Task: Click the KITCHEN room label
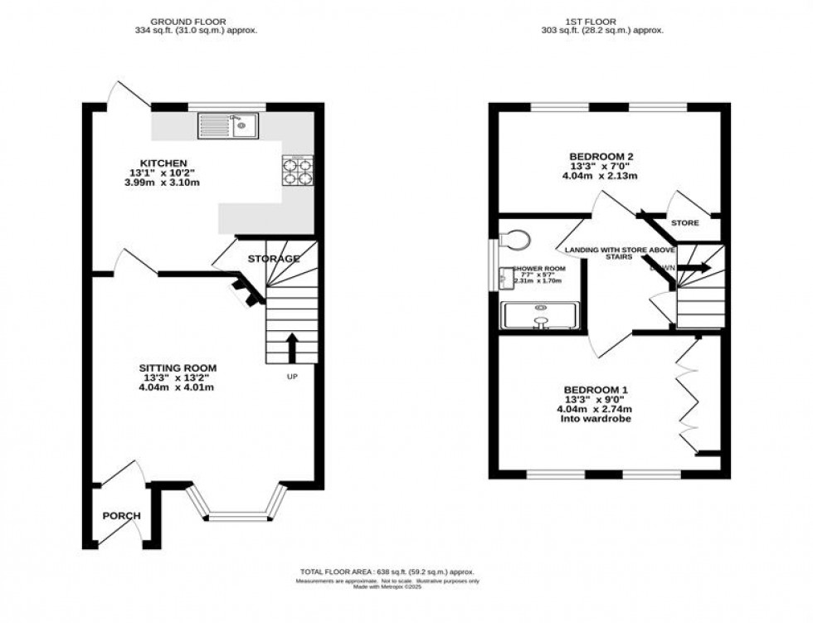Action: (163, 163)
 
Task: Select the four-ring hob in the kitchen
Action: (299, 170)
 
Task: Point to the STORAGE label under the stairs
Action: (274, 260)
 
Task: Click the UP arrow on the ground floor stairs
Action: (291, 348)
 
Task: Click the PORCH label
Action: (121, 516)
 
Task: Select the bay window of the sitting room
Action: (236, 507)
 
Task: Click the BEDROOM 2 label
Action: (601, 156)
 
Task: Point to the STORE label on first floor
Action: (684, 223)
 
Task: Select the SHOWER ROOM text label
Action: (538, 269)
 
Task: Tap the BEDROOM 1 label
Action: (596, 390)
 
